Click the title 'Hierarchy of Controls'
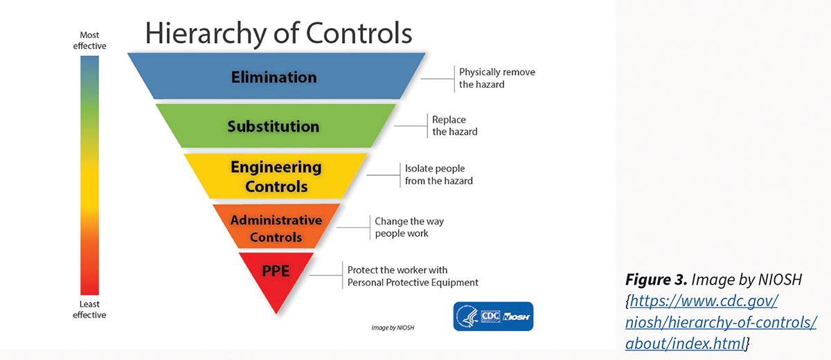point(278,33)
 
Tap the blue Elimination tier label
point(274,77)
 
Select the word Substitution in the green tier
point(274,127)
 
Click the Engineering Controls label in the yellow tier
point(276,177)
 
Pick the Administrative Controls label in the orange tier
point(276,228)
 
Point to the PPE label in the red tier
point(276,271)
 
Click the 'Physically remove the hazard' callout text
point(497,78)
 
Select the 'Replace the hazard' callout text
point(454,125)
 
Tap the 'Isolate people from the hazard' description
point(438,174)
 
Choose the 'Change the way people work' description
point(409,227)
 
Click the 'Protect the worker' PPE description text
point(412,276)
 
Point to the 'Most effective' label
point(89,40)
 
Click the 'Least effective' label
point(89,309)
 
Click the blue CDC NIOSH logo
point(492,316)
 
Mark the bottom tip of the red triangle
point(276,314)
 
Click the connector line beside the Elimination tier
point(436,78)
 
